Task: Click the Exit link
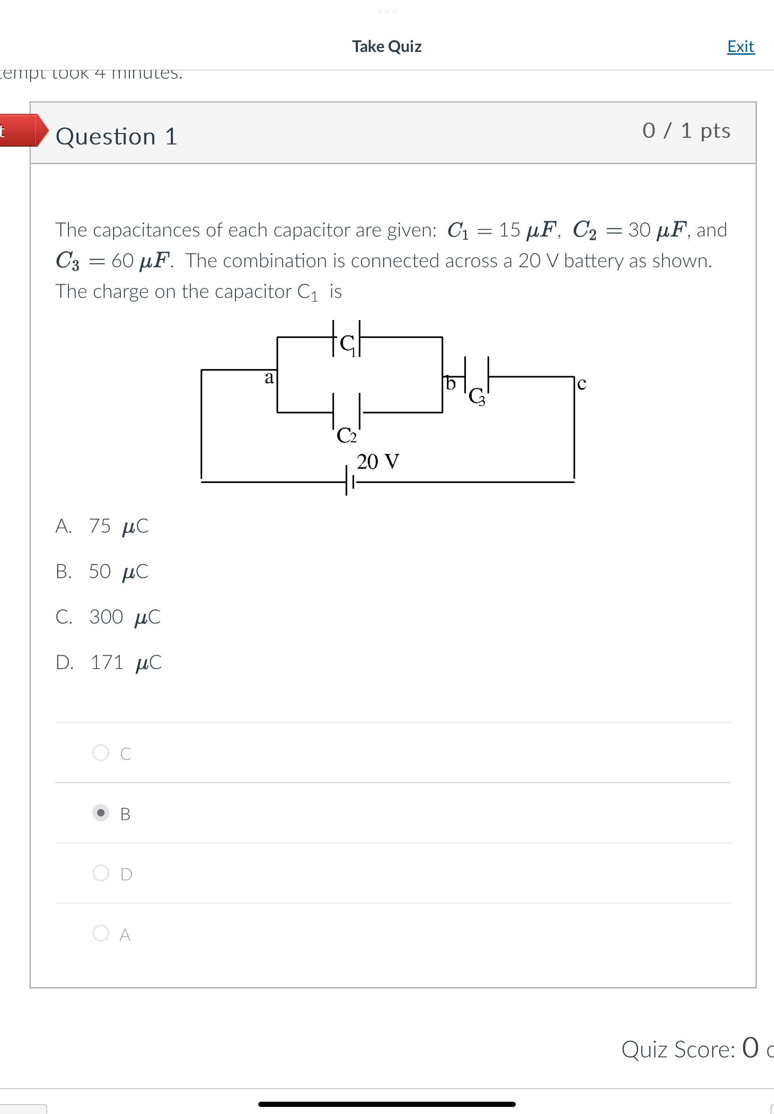(740, 47)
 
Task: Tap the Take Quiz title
(387, 47)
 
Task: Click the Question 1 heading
(117, 136)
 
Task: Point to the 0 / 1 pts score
(686, 130)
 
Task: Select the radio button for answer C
(101, 752)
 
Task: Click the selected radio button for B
(101, 812)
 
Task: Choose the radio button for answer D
(101, 872)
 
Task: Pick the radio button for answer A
(101, 933)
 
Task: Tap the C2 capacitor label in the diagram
(346, 435)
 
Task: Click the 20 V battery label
(378, 461)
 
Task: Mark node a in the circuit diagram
(269, 377)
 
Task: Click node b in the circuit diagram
(451, 383)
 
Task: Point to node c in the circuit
(581, 384)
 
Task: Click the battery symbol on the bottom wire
(349, 481)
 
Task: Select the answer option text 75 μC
(118, 526)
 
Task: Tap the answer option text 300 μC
(124, 616)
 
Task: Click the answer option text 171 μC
(125, 662)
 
